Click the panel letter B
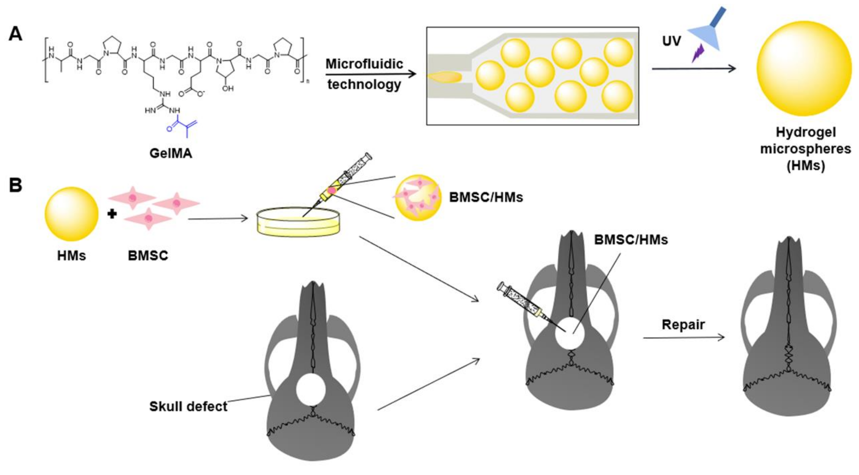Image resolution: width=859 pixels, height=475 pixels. coord(15,185)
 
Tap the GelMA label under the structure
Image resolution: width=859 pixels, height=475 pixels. coord(171,153)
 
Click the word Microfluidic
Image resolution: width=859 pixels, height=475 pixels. coord(364,64)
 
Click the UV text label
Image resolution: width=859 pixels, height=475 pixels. coord(671,41)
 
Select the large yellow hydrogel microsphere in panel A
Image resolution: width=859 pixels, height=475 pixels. coord(804,68)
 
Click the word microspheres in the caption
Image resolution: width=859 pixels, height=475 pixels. coord(805,149)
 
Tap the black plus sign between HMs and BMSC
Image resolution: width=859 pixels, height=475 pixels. coord(112,214)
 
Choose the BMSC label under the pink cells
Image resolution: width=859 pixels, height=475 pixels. coord(148,256)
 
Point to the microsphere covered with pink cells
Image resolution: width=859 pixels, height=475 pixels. coord(418,198)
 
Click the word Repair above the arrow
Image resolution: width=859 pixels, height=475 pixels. coord(683,324)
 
